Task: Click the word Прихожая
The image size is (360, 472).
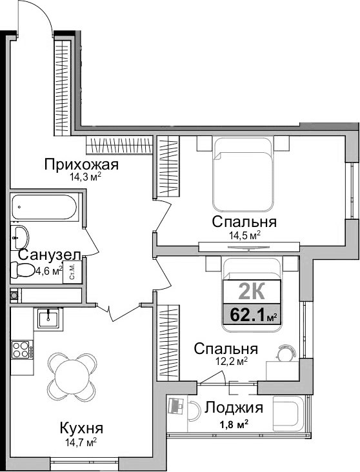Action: tap(81, 164)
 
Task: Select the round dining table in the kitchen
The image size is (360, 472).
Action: tap(72, 373)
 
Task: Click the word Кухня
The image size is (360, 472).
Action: tap(81, 428)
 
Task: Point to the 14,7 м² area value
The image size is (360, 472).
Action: tap(81, 442)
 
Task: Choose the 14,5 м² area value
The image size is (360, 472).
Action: tap(245, 236)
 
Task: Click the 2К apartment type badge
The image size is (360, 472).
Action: tap(251, 291)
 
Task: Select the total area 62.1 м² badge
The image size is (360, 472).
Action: tap(251, 316)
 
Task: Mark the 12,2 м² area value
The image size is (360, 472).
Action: tap(227, 362)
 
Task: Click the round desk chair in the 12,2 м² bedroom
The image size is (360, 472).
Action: tap(285, 353)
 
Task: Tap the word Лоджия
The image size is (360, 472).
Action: tap(234, 408)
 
